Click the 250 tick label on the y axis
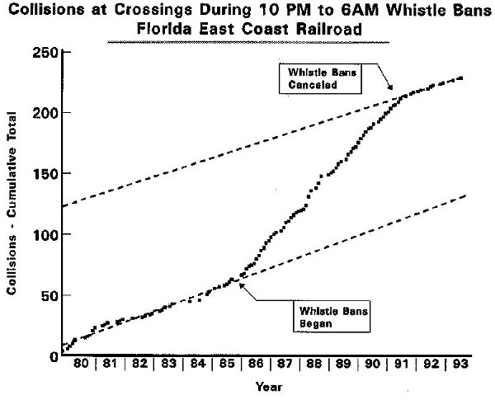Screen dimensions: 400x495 tap(45, 53)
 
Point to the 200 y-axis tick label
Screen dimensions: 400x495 tap(45, 113)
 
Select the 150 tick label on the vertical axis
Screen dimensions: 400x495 tap(45, 174)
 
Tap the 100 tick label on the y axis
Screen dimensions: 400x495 tap(45, 235)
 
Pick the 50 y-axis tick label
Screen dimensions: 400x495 tap(48, 295)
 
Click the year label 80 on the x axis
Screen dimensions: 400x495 tap(81, 364)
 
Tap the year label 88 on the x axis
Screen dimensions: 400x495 tap(310, 364)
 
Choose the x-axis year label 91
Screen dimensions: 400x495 tap(398, 364)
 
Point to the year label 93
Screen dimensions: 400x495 tap(456, 364)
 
